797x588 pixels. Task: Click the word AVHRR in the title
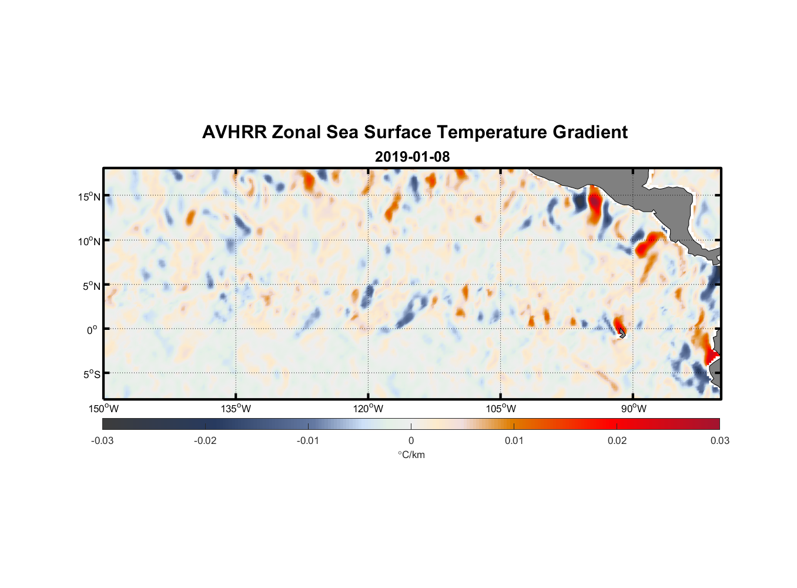click(234, 132)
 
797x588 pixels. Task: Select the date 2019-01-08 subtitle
click(412, 157)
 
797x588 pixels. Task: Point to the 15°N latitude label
click(89, 196)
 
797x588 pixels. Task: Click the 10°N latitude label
click(89, 241)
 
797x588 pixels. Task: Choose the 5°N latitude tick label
click(91, 286)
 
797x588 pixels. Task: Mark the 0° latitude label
click(92, 330)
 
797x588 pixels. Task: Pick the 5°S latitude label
click(91, 375)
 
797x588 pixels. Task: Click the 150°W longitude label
click(103, 409)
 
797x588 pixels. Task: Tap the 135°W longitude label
click(236, 409)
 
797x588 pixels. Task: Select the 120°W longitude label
click(368, 409)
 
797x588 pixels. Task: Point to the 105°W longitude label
click(501, 409)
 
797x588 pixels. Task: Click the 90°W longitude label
click(634, 409)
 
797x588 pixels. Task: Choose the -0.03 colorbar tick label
click(102, 440)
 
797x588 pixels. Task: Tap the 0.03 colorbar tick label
click(719, 440)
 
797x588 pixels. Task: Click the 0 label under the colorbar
click(411, 440)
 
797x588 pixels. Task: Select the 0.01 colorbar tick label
click(514, 440)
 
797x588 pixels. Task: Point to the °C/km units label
click(411, 455)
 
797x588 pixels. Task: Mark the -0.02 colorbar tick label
click(205, 440)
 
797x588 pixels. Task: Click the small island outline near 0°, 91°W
click(622, 333)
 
